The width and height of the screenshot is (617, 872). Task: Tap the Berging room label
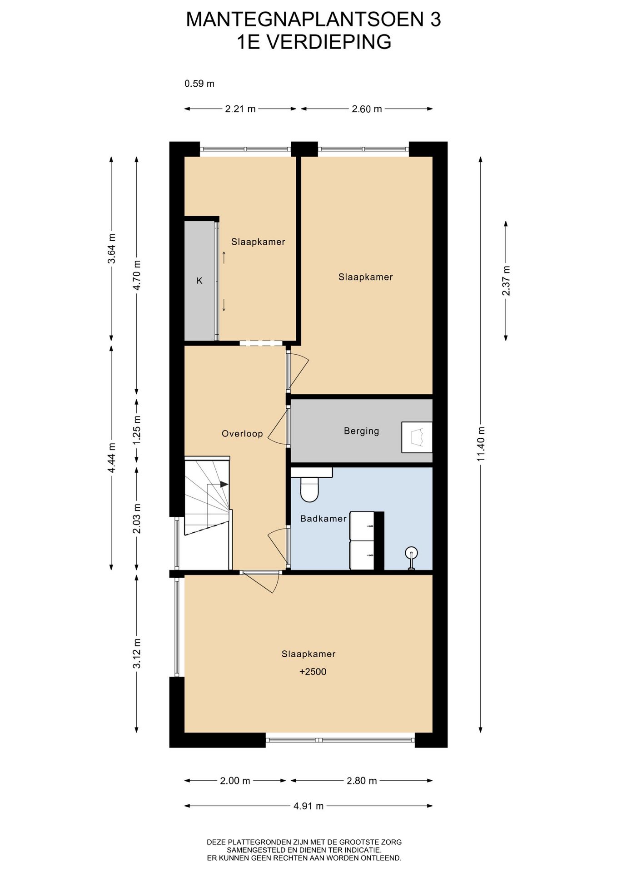(361, 431)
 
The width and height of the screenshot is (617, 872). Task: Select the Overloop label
(242, 434)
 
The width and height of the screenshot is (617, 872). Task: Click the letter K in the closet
(199, 281)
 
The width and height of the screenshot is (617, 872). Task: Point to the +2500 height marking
(313, 672)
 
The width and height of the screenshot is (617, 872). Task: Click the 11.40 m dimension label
(481, 444)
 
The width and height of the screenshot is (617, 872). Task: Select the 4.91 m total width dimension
(308, 806)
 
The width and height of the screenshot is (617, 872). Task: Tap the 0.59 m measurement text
(199, 84)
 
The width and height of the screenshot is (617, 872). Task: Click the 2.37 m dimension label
(506, 281)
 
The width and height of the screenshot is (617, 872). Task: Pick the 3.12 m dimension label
(137, 654)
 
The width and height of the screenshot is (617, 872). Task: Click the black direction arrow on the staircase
(224, 484)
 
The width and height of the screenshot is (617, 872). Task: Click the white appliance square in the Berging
(417, 437)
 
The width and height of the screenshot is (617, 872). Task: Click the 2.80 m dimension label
(362, 781)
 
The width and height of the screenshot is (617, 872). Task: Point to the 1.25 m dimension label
(137, 430)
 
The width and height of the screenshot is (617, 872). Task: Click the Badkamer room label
(323, 519)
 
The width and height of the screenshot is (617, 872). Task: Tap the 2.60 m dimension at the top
(367, 109)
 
